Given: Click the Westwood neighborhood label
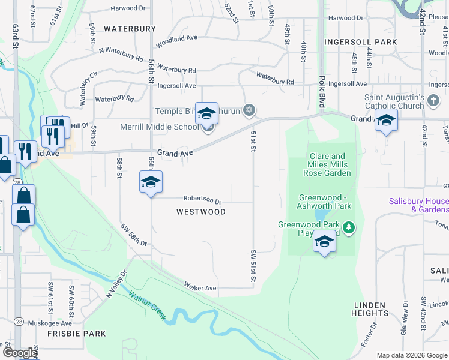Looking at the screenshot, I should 201,212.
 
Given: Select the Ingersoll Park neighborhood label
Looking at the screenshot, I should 360,42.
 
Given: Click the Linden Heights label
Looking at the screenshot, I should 370,309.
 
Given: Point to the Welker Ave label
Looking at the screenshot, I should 200,288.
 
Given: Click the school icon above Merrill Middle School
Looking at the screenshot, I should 207,113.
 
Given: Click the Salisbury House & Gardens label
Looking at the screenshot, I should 419,205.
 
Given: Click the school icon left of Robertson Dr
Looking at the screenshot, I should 151,182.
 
